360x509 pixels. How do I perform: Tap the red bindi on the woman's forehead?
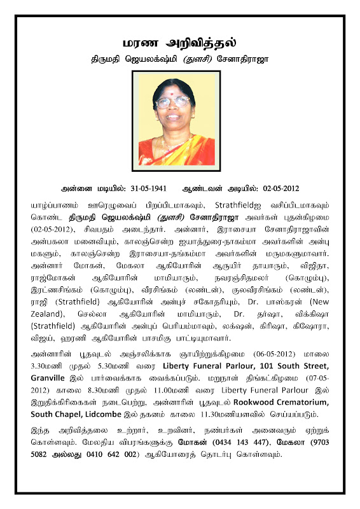click(173, 93)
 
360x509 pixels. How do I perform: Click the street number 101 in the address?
click(268, 368)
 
